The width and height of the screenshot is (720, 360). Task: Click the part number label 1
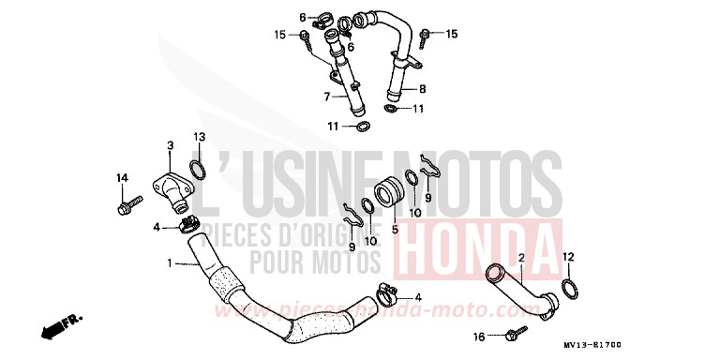(170, 263)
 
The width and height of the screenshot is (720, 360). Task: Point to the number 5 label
(395, 227)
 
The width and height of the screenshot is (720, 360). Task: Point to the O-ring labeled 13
(199, 170)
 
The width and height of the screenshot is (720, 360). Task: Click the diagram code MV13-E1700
(671, 345)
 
